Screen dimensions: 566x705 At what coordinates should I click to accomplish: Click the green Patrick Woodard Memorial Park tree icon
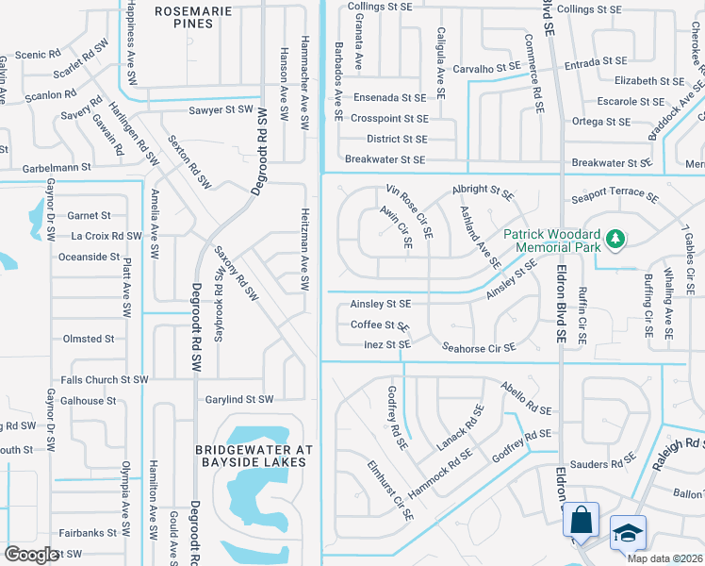615,238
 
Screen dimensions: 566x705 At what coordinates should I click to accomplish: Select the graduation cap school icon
628,534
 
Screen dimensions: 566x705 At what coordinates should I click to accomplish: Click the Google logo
31,555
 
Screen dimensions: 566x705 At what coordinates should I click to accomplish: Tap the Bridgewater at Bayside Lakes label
252,456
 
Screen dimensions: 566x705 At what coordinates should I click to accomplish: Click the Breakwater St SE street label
385,160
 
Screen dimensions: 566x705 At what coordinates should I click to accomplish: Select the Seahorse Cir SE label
479,347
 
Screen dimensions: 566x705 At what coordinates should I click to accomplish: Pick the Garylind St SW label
238,400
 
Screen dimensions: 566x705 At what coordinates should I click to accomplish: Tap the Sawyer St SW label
220,109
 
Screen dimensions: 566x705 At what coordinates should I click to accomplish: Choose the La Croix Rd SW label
107,236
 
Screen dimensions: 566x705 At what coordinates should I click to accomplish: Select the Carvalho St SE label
485,68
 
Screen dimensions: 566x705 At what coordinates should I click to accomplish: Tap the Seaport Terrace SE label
615,199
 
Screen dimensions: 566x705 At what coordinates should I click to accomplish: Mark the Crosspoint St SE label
389,119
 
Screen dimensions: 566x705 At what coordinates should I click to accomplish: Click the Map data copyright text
664,558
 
